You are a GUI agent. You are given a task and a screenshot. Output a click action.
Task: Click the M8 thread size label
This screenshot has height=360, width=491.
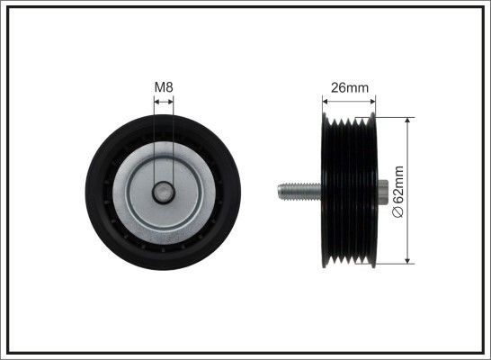point(164,86)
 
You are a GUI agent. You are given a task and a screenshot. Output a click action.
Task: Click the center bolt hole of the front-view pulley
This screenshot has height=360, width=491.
point(164,191)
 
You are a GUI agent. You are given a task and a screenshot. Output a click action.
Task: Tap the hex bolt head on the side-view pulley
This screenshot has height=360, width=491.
point(381,191)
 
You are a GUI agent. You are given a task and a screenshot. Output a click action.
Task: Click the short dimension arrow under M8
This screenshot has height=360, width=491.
point(164,102)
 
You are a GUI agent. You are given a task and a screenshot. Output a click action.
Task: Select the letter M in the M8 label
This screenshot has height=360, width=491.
point(159,86)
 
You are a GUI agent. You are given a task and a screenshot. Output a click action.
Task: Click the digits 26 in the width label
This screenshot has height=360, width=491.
point(336,87)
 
